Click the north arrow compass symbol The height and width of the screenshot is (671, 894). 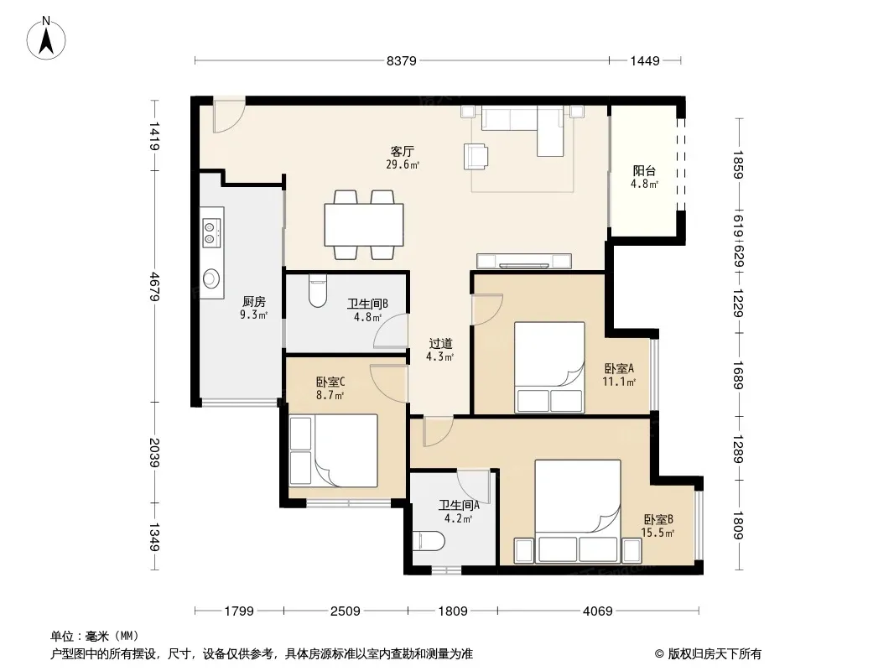tap(46, 39)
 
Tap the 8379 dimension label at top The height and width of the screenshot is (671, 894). tap(402, 61)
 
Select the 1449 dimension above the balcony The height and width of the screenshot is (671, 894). tap(645, 61)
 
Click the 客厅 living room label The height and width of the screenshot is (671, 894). tap(402, 152)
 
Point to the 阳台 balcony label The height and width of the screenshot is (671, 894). tap(644, 170)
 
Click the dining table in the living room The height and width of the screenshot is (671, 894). tap(364, 225)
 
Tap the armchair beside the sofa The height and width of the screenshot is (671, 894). tap(476, 156)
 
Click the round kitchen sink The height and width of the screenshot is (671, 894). tap(211, 278)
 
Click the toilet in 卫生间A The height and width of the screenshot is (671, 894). tap(429, 541)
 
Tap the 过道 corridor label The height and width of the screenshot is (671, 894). tap(440, 344)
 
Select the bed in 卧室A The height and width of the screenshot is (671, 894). tap(549, 367)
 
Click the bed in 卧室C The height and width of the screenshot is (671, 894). tap(334, 450)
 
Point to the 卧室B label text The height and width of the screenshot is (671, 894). tap(658, 519)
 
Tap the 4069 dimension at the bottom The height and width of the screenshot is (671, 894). tap(597, 611)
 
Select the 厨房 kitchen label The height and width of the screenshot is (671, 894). tap(254, 302)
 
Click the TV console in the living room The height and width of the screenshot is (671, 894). tap(524, 261)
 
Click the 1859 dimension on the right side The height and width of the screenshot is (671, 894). tap(738, 164)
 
